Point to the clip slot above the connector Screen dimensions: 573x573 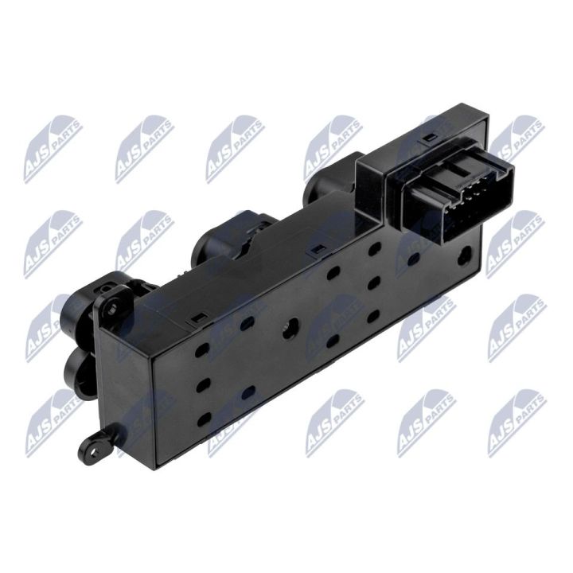point(430,138)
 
